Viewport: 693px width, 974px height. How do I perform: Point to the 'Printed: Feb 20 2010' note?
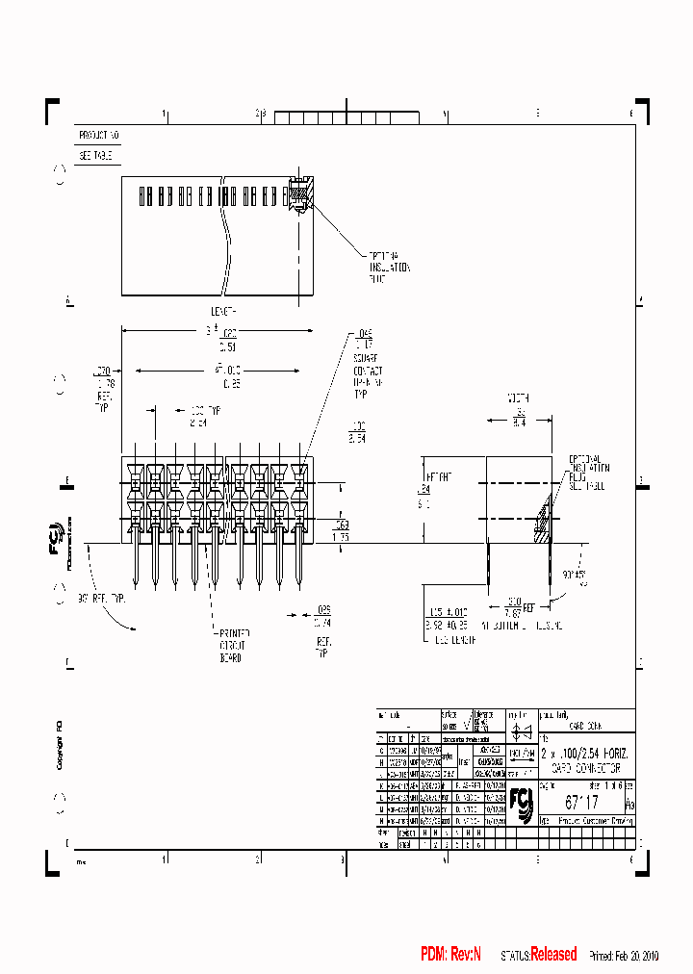tap(624, 956)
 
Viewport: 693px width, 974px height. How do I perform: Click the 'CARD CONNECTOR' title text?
tap(585, 770)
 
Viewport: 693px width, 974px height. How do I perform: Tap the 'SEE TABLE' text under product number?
tap(96, 155)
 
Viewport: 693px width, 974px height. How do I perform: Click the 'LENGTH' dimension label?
tap(223, 311)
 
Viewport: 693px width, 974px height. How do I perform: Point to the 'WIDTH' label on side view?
tap(519, 397)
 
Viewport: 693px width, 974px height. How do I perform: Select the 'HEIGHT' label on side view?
tap(439, 476)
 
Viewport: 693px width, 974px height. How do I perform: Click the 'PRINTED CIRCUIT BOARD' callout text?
tap(231, 646)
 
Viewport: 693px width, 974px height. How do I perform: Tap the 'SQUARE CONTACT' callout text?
tap(367, 371)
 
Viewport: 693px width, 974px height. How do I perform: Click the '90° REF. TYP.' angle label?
tap(102, 598)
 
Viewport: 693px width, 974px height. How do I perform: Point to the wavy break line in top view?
tap(227, 231)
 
